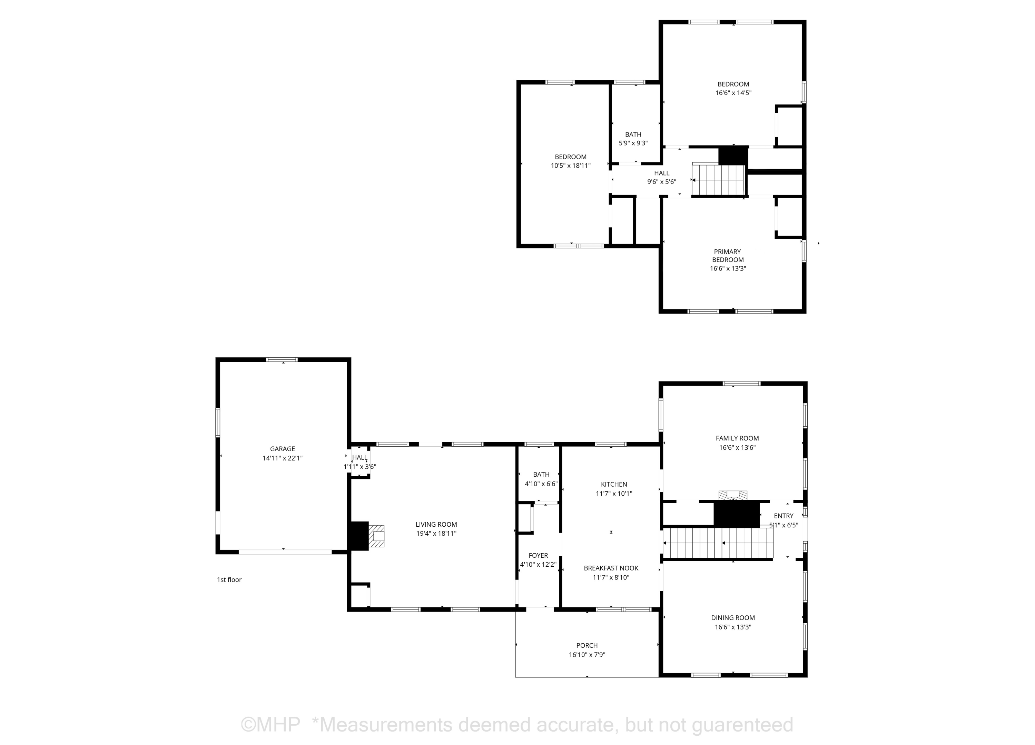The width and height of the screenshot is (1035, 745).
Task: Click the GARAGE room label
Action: click(283, 449)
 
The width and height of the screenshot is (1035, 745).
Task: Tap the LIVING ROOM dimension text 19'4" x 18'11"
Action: click(436, 533)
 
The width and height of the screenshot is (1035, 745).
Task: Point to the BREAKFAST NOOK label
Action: click(611, 568)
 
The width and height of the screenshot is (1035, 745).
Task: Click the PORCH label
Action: click(587, 646)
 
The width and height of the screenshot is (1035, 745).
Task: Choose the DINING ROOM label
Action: click(733, 618)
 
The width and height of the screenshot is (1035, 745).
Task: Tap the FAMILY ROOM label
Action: click(738, 438)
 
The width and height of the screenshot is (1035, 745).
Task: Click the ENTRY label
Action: click(783, 516)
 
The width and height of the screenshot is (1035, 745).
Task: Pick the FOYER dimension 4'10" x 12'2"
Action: click(539, 565)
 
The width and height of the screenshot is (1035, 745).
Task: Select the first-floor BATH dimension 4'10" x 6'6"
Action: click(541, 484)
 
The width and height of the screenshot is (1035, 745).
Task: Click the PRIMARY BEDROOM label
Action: click(728, 256)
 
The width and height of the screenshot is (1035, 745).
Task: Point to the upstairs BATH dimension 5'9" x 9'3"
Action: click(633, 143)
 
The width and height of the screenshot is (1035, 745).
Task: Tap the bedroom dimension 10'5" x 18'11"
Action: click(571, 166)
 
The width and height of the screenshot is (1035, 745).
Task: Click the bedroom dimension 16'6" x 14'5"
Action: click(733, 93)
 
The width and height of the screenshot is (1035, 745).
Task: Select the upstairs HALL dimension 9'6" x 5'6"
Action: click(662, 181)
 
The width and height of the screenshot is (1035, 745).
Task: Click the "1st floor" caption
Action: click(229, 580)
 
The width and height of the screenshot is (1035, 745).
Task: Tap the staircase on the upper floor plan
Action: click(719, 180)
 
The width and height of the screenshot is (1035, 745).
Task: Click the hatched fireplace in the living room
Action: click(376, 536)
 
